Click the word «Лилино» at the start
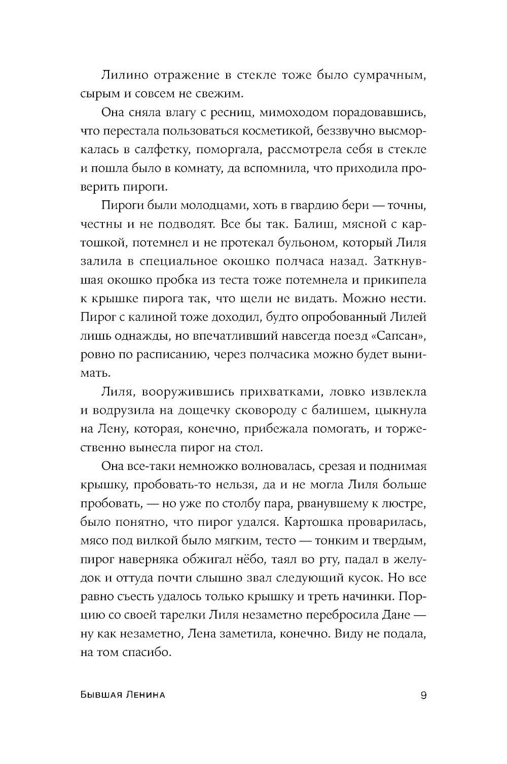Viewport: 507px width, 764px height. click(x=125, y=76)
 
